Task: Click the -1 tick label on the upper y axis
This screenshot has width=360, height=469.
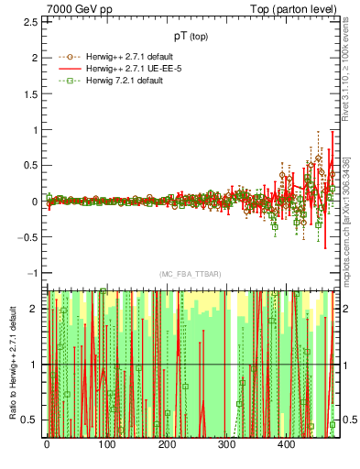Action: point(33,273)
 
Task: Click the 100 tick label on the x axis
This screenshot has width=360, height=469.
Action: point(106,444)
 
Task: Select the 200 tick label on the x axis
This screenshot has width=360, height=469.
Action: point(167,444)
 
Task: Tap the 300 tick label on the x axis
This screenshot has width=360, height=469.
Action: point(226,444)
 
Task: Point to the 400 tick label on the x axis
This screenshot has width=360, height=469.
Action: point(286,444)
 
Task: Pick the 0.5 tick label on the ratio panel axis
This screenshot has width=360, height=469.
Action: point(31,420)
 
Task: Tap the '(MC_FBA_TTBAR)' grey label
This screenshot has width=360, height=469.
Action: point(190,274)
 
